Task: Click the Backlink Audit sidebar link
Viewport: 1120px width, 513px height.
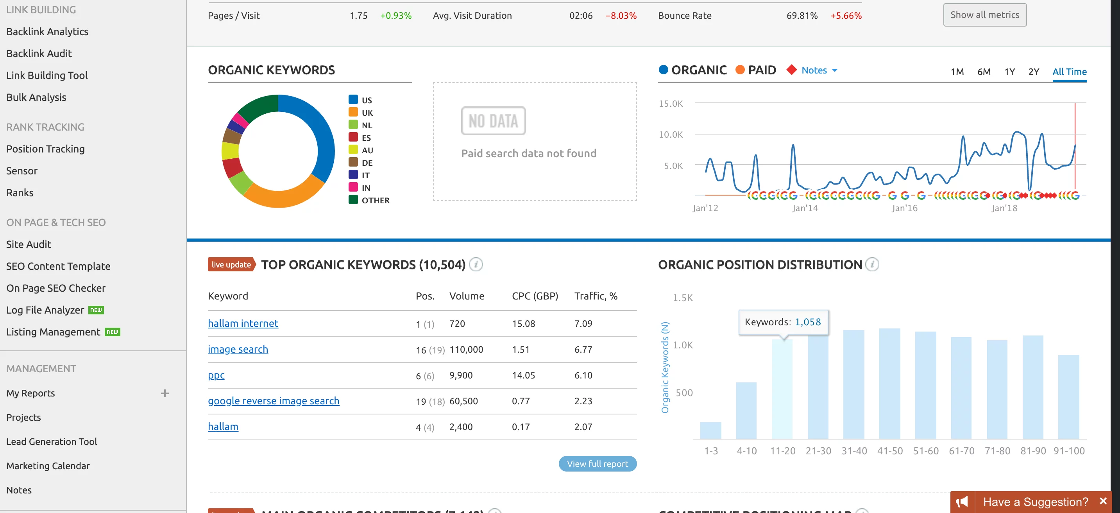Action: pos(39,54)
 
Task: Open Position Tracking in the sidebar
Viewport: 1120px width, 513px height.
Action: pos(45,149)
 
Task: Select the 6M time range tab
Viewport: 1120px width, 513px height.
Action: pos(984,72)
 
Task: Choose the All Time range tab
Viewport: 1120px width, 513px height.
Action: pos(1069,72)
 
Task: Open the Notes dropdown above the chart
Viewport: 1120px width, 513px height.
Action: pos(819,70)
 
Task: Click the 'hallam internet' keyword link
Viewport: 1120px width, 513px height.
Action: pos(243,323)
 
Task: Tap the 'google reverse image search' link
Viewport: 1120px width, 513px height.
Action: pos(273,401)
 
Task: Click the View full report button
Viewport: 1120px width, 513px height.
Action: pos(597,464)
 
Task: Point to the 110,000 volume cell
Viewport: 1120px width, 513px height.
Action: pos(466,350)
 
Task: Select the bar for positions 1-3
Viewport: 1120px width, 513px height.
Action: pos(710,430)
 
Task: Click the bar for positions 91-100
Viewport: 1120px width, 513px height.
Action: pos(1068,397)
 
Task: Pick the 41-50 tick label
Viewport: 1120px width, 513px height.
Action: pos(889,451)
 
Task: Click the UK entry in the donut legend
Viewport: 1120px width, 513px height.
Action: pos(367,113)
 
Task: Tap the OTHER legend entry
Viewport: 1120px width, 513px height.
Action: pos(375,201)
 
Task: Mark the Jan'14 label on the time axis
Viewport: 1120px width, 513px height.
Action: pos(804,208)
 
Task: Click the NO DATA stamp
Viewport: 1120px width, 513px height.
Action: pos(493,121)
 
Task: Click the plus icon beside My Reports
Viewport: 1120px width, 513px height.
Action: pos(165,393)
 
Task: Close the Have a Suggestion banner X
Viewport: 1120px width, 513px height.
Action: pos(1102,501)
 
